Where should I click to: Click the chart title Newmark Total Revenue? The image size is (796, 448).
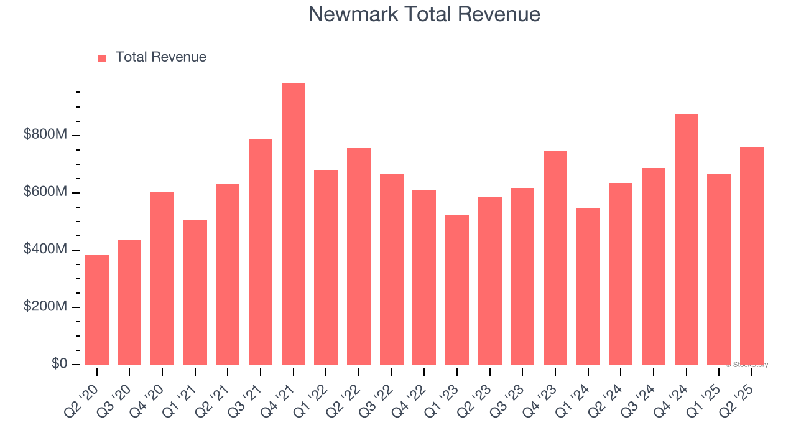coord(424,14)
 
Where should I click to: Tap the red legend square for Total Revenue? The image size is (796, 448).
coord(101,58)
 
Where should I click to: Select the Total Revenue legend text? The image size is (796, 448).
coord(160,57)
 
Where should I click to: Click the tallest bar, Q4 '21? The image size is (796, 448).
coord(293,224)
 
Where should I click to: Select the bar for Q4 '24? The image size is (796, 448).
coord(686,240)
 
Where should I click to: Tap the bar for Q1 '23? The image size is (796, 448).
coord(457,290)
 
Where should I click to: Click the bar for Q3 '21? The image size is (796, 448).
coord(261,251)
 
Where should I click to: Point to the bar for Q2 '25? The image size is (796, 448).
coord(751,256)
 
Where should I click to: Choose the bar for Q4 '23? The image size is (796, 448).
coord(555,258)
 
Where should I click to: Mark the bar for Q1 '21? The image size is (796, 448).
coord(195,292)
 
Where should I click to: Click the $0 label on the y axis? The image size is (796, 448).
coord(60,364)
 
